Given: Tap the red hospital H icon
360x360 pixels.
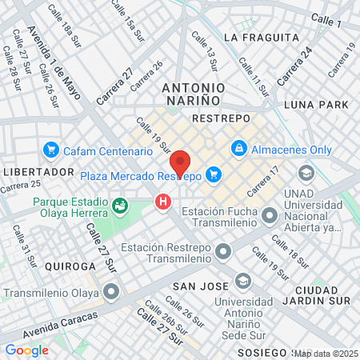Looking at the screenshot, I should coord(164,202).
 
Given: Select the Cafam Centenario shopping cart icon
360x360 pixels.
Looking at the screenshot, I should coord(51,150).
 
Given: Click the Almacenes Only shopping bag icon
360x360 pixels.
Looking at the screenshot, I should coord(238,149).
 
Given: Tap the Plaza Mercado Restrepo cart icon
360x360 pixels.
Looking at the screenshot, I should coord(213,174).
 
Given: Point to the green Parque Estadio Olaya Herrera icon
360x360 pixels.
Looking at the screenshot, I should coord(120,207).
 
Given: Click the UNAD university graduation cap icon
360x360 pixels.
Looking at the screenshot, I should coord(306,174).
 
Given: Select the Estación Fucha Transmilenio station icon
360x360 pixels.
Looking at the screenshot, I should coord(270,214).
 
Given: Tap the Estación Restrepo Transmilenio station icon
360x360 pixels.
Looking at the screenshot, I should coord(222,252).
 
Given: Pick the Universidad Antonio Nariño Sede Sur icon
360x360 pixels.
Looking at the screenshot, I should coord(242,281).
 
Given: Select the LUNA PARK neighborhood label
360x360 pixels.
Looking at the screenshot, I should coord(317,105).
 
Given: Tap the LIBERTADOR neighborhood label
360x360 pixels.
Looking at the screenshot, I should coord(38,172).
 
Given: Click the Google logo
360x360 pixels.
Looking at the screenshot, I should coord(27,350).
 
